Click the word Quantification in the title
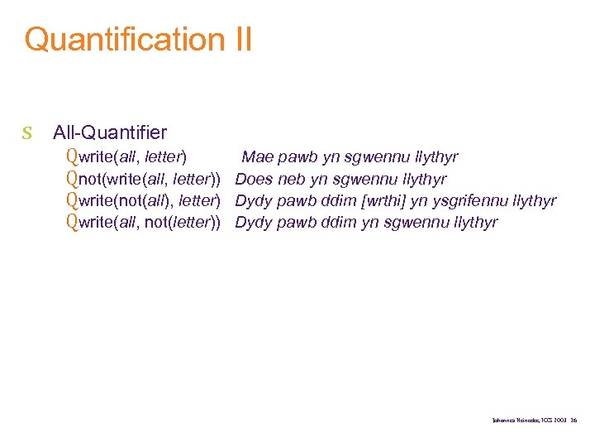click(120, 40)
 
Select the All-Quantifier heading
click(110, 132)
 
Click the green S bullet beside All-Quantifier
click(27, 132)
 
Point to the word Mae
click(257, 157)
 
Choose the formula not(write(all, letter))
click(150, 179)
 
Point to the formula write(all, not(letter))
click(150, 222)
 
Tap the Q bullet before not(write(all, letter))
click(72, 179)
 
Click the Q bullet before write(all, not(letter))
click(72, 222)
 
